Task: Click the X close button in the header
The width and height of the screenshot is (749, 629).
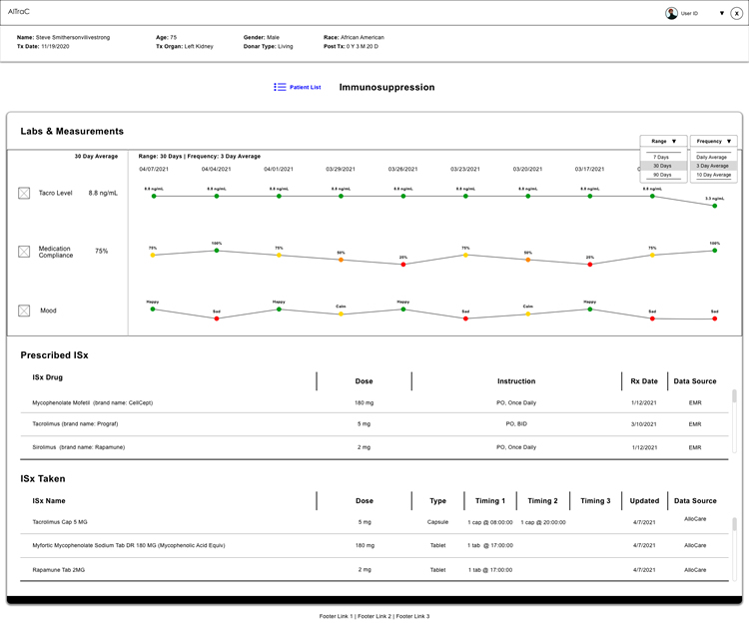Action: coord(736,13)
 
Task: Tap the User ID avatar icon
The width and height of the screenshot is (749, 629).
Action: coord(672,13)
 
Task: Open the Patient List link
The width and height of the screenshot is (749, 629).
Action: coord(298,88)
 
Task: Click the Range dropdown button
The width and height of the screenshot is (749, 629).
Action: coord(663,142)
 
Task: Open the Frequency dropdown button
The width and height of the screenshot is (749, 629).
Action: coord(713,142)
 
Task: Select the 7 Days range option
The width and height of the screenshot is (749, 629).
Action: coord(661,157)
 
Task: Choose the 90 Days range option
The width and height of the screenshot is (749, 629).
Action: coord(661,175)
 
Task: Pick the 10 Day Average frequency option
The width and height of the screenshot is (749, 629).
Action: coord(713,175)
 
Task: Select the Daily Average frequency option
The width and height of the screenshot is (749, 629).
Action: coord(713,157)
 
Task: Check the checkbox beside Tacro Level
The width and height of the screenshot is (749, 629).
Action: coord(24,193)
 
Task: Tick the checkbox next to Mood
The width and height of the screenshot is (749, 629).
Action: coord(24,311)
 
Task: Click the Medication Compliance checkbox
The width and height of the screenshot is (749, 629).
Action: coord(24,252)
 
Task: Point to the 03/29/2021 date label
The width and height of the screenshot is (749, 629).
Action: coord(341,169)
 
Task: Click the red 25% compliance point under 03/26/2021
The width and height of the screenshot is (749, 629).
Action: coord(403,265)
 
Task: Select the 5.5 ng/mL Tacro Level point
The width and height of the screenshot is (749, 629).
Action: coord(715,206)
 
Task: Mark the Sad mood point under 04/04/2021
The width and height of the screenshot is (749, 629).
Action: coord(217,318)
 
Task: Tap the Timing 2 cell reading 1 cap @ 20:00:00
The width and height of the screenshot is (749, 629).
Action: coord(544,521)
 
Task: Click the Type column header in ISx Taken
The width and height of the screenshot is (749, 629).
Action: coord(437,501)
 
